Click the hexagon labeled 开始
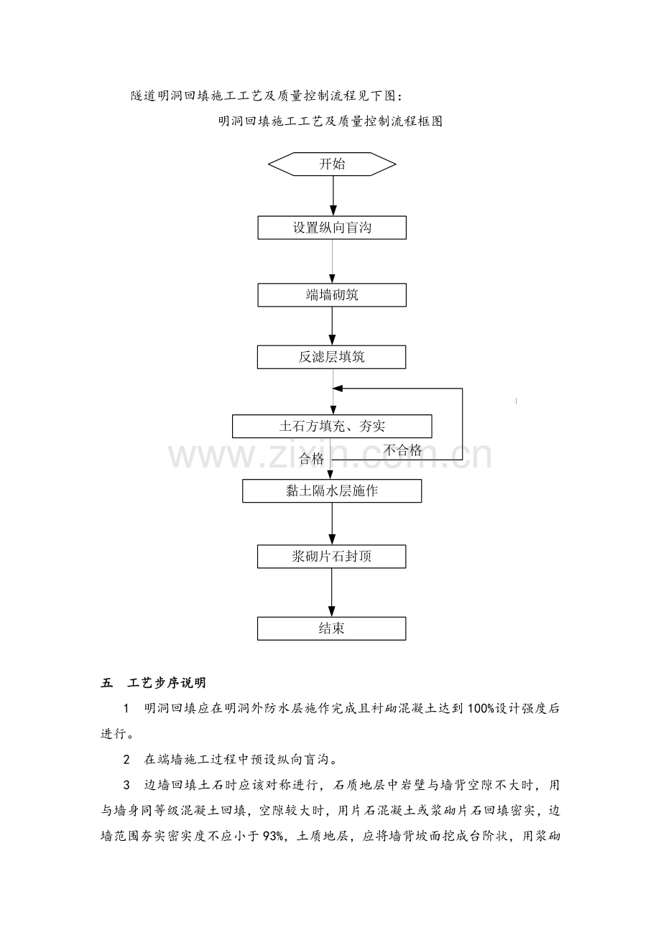332,164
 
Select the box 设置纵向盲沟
332,228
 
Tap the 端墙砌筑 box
332,294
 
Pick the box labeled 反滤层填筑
332,357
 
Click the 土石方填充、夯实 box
332,426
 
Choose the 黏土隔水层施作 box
332,491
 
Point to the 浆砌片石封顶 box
332,557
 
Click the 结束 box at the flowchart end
332,628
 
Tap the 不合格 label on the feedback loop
402,450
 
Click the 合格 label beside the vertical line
311,459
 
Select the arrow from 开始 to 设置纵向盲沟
333,195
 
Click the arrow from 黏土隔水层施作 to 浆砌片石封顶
333,524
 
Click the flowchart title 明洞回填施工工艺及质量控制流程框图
330,121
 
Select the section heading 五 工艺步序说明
154,682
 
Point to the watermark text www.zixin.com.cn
330,455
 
